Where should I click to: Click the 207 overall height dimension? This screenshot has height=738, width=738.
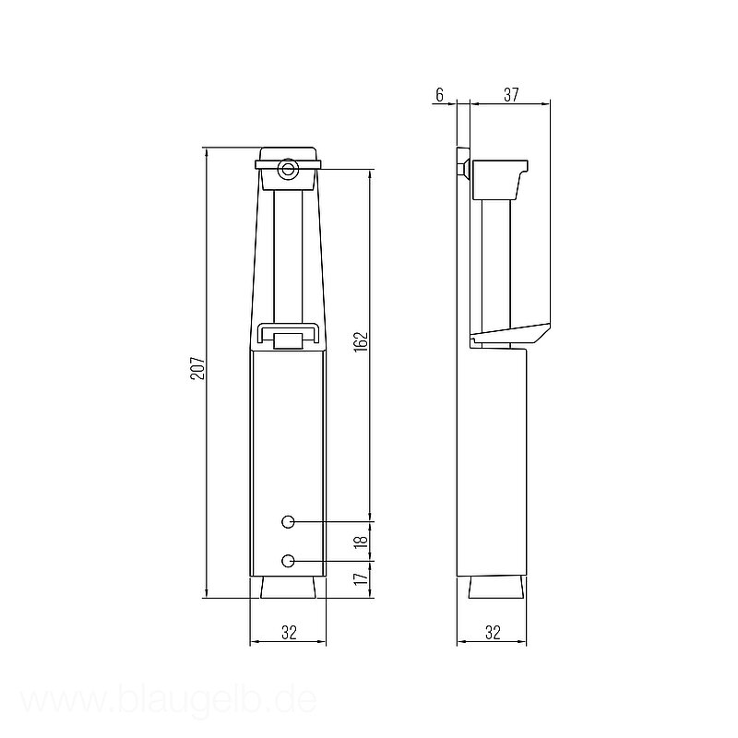198,367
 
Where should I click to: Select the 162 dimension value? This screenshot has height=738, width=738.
361,341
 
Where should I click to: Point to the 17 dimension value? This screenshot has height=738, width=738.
361,578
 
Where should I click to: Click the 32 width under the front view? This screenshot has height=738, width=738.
289,633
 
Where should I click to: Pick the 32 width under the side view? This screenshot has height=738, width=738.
493,633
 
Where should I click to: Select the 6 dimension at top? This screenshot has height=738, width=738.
439,95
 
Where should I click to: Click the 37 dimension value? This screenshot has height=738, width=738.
511,95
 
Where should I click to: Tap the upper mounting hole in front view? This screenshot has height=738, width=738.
288,521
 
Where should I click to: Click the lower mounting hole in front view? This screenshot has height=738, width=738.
288,561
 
